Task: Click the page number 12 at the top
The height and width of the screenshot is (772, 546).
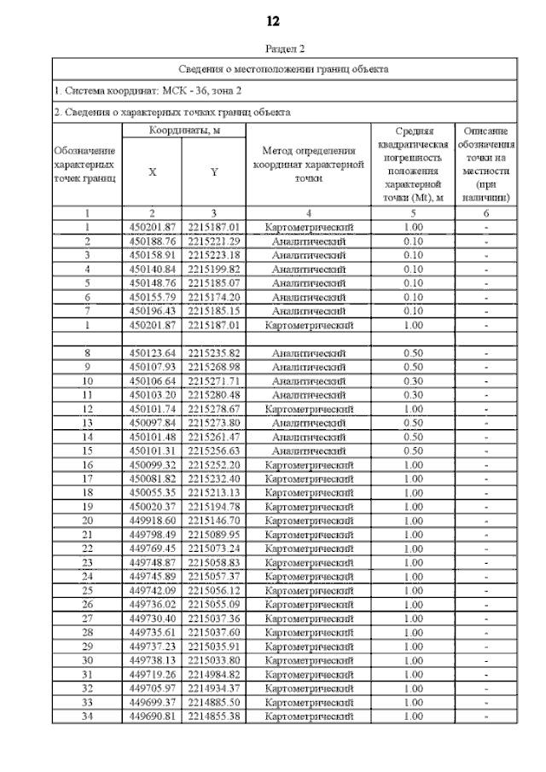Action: tap(273, 20)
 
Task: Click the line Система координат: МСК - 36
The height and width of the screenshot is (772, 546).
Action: tap(148, 90)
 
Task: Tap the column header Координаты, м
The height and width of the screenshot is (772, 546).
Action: tap(184, 131)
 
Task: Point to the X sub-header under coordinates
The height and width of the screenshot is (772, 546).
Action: tap(153, 171)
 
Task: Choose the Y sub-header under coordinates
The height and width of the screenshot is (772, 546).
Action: tap(214, 171)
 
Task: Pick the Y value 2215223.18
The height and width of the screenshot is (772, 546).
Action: tap(214, 255)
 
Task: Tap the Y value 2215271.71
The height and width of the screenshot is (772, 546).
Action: tap(214, 380)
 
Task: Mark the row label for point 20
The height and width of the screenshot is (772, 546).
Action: tap(87, 520)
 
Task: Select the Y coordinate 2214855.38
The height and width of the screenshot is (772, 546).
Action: tap(214, 716)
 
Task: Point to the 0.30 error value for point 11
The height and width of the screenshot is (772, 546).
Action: tap(413, 394)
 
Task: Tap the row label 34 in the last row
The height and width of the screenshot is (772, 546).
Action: tap(87, 716)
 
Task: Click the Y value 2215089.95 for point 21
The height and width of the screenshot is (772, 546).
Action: tap(214, 534)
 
